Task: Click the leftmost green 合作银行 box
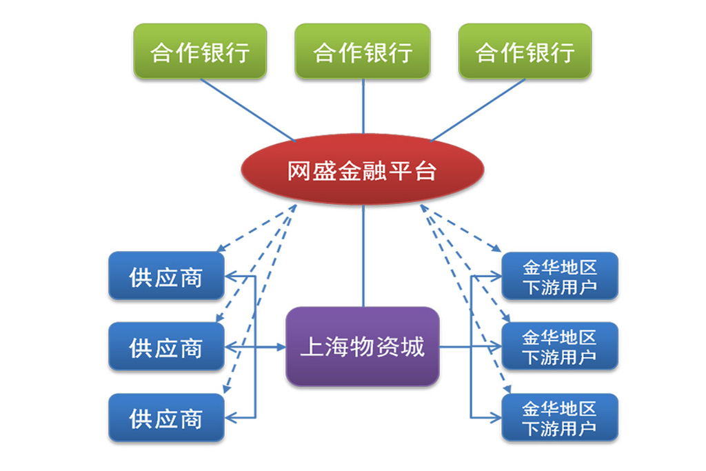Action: [201, 51]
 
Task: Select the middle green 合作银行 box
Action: [363, 51]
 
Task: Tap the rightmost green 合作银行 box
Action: [525, 51]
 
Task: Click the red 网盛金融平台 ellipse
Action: [363, 170]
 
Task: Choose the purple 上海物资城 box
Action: [363, 347]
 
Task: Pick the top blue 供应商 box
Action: [167, 276]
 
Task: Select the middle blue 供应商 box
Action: [167, 347]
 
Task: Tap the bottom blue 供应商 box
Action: [167, 418]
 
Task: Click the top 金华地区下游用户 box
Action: [560, 276]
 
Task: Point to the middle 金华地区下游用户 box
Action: [560, 347]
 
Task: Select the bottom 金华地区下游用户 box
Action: [560, 418]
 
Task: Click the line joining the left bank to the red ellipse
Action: [248, 110]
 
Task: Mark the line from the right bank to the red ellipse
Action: [478, 110]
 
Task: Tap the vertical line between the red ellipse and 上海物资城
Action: [363, 257]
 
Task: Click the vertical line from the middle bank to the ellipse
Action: [363, 106]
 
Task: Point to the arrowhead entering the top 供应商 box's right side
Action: [231, 276]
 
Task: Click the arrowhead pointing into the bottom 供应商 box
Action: [231, 418]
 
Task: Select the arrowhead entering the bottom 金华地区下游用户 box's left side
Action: [496, 418]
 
